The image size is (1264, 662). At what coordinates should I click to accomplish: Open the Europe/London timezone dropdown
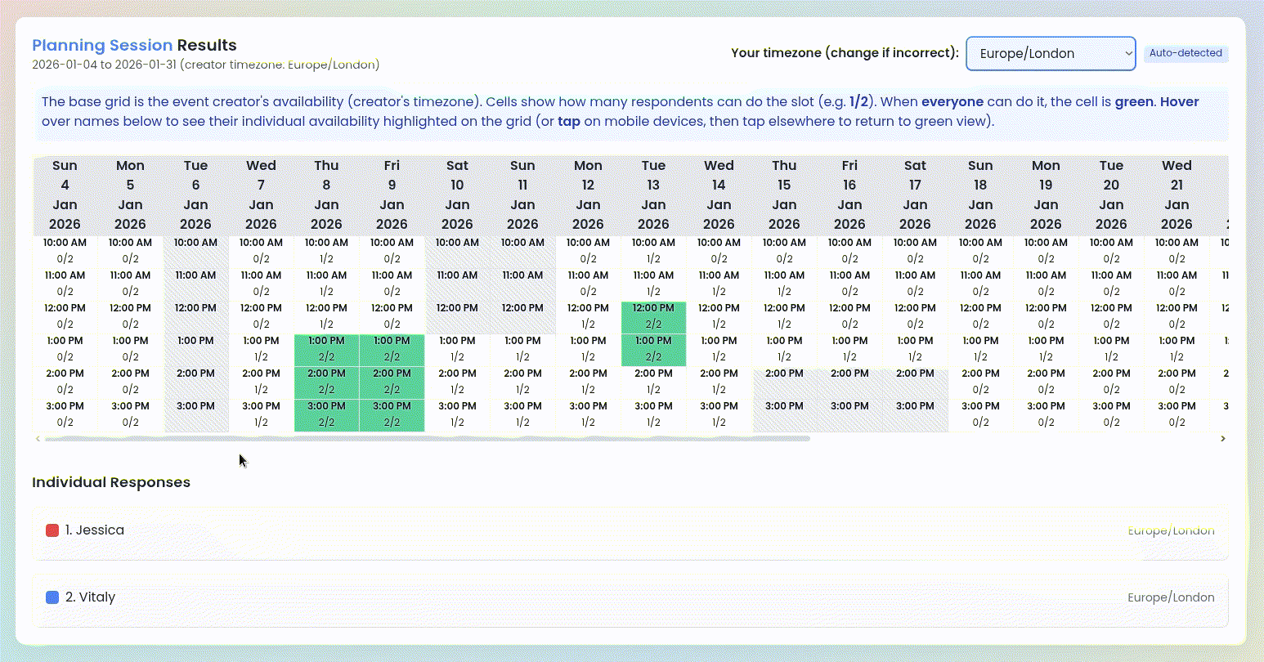click(x=1051, y=53)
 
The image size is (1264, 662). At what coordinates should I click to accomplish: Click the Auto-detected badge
click(x=1185, y=53)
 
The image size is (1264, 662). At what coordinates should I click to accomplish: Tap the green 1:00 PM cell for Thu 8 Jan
click(x=326, y=350)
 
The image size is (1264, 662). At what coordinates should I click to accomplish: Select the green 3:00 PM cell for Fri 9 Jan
click(x=392, y=415)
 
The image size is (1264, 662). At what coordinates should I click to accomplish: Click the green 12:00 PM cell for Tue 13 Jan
click(x=653, y=317)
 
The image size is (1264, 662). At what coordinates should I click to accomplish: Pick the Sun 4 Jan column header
click(x=65, y=195)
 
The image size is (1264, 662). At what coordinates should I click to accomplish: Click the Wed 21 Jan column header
click(x=1177, y=195)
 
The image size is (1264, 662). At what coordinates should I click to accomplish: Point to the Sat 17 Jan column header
click(x=915, y=195)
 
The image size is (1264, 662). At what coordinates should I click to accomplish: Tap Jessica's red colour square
click(x=52, y=530)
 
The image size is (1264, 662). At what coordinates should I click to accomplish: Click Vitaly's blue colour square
click(x=52, y=597)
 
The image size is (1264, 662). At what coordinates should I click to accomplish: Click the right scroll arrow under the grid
click(x=1223, y=439)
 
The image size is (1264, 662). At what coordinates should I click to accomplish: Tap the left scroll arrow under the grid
click(x=38, y=439)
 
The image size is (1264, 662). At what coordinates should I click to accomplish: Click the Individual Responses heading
click(x=111, y=482)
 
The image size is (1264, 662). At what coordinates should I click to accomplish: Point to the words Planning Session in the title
click(x=102, y=45)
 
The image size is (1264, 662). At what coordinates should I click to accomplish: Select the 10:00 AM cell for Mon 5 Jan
click(x=130, y=252)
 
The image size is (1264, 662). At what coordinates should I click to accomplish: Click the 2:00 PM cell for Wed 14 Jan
click(x=719, y=382)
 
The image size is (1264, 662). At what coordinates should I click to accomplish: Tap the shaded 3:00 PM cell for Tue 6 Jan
click(x=195, y=415)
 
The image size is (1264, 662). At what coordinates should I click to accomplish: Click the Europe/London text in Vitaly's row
click(x=1171, y=597)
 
